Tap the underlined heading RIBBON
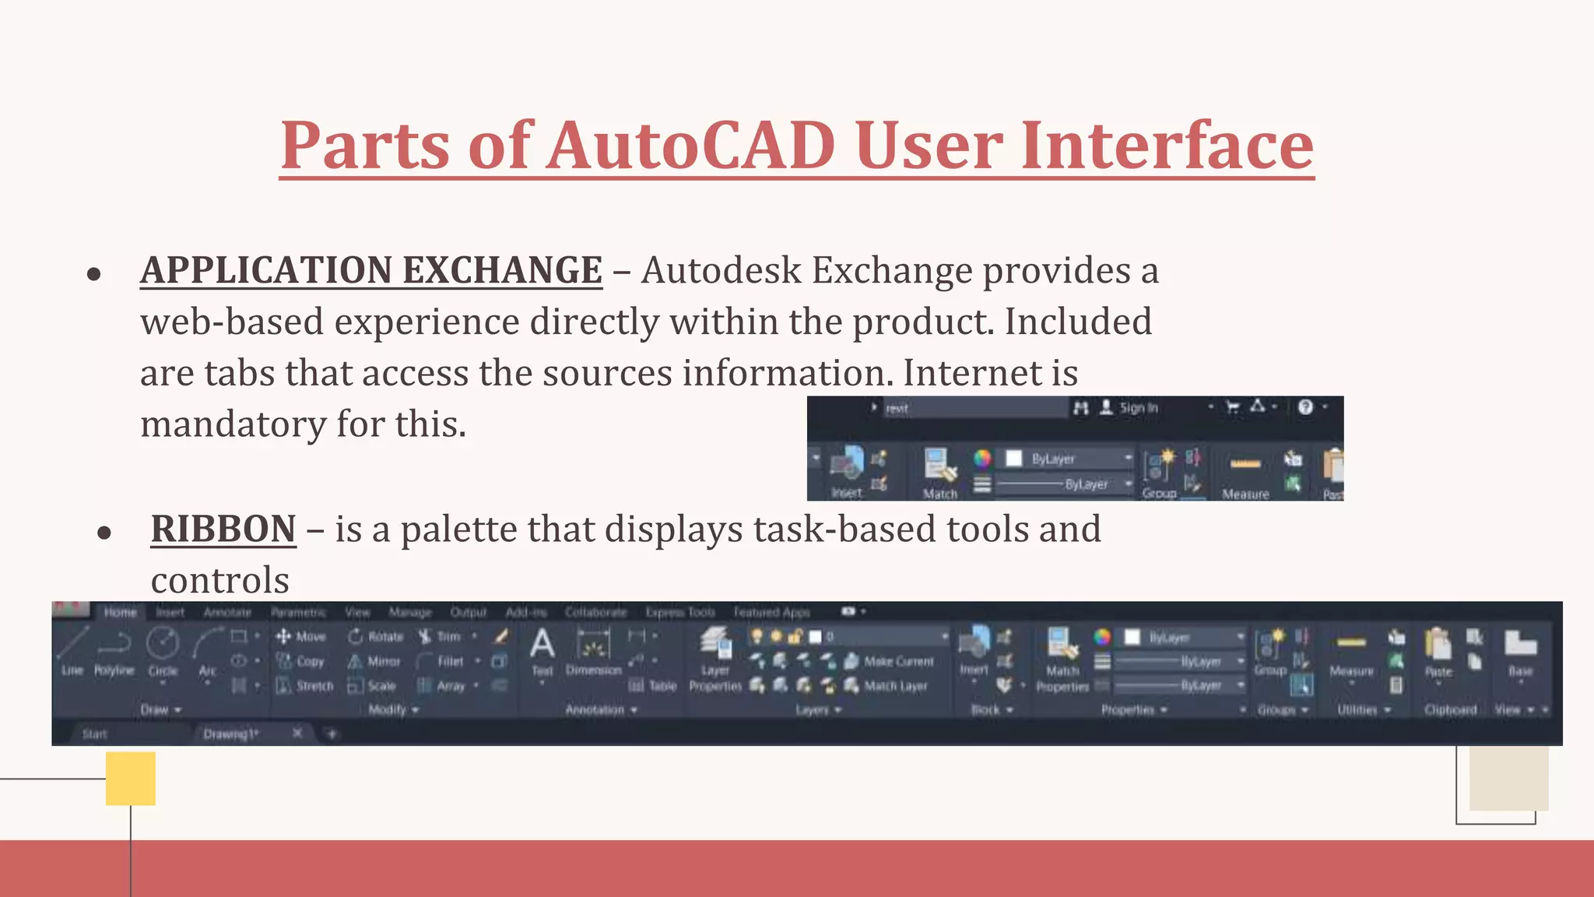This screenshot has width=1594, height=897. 223,529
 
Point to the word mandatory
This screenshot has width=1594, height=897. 233,424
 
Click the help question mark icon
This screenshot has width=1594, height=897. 1305,407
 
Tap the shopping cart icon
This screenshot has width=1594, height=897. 1233,407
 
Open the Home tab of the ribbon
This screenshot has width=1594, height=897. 121,612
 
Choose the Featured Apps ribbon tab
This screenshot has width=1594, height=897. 771,612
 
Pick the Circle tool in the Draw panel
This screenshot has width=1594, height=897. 163,651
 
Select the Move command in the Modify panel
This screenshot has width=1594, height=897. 301,637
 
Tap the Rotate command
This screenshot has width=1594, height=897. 376,637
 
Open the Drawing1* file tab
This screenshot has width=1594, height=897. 230,733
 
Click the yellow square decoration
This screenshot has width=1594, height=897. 131,778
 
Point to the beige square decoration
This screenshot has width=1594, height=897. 1508,778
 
